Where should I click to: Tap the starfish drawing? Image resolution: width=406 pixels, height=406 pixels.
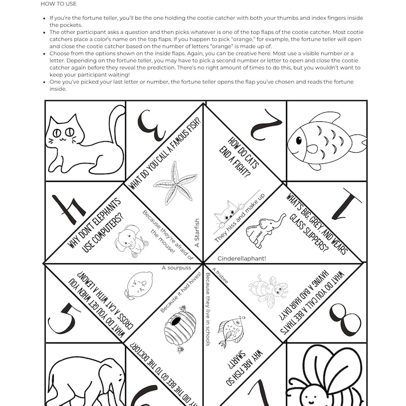(x=174, y=183)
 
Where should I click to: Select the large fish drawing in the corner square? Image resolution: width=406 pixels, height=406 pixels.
(x=325, y=140)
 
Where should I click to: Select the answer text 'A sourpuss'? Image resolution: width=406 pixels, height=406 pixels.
(x=175, y=267)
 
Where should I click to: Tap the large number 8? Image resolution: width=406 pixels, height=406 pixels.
(x=345, y=320)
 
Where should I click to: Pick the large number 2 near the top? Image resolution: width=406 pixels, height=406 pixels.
(x=264, y=124)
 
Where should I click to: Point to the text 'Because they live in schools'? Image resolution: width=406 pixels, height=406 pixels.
(x=208, y=315)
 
